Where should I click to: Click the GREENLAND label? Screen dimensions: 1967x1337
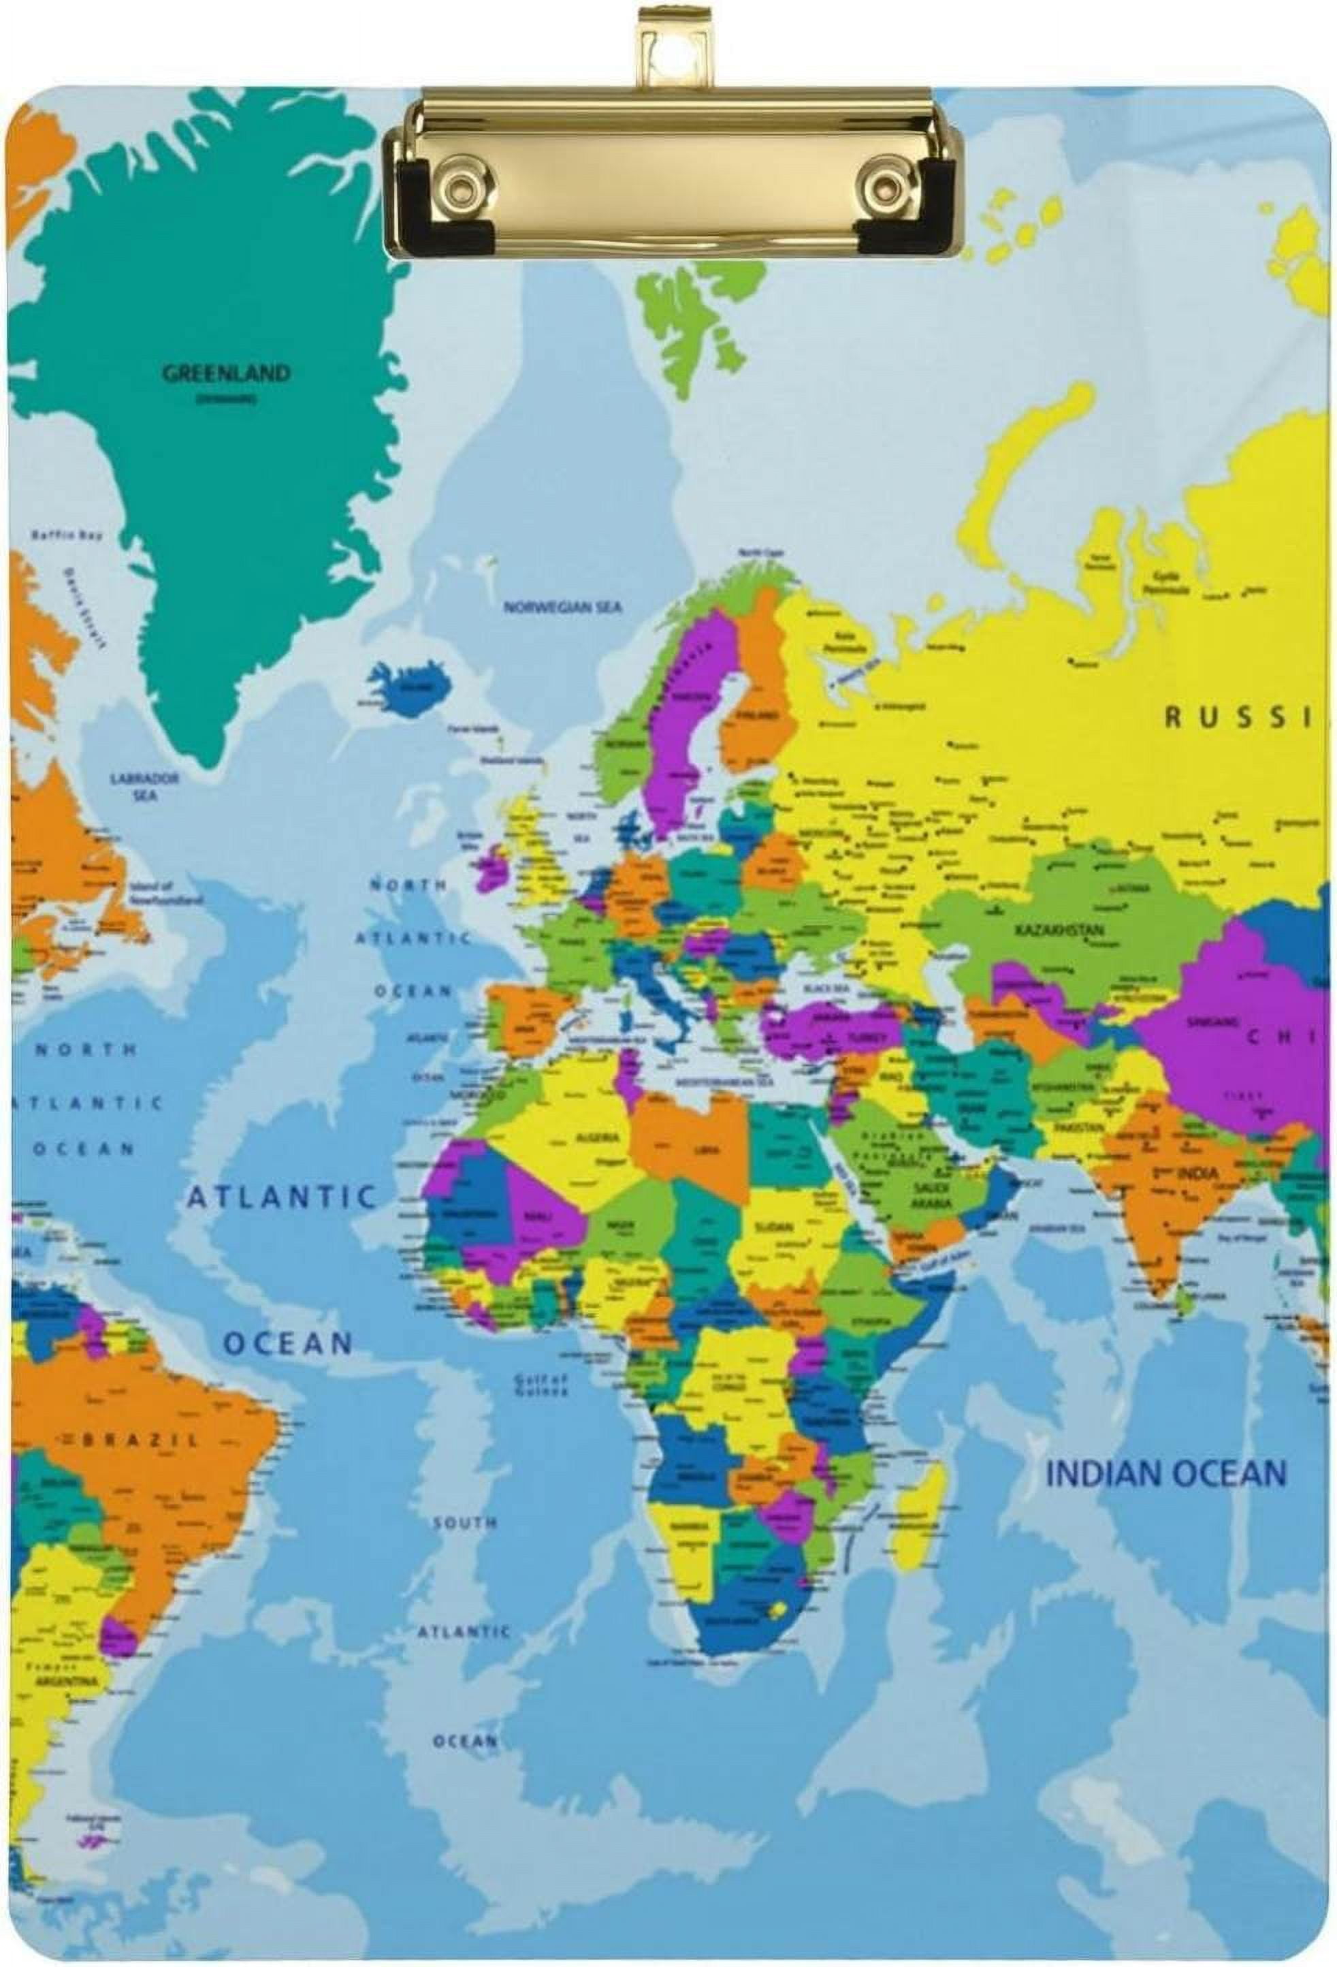[x=226, y=373]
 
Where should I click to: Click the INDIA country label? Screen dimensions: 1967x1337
[x=1197, y=1173]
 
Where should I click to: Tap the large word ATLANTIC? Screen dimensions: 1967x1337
[x=281, y=1196]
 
